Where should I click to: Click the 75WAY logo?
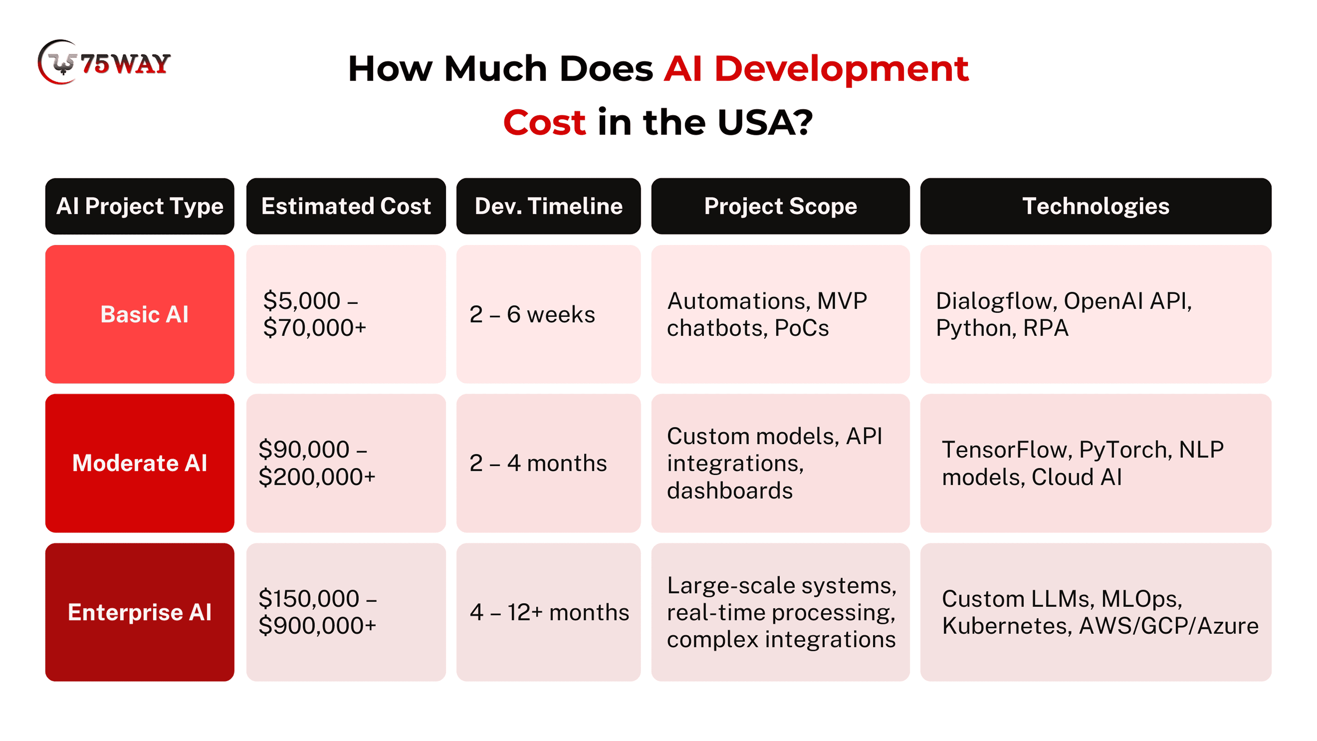[x=104, y=62]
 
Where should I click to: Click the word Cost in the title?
[x=545, y=123]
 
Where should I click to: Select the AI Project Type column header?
[x=140, y=206]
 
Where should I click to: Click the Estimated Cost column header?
[x=346, y=206]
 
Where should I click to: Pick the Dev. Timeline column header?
[x=549, y=206]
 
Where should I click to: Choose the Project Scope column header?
[x=781, y=206]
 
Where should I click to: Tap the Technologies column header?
[x=1096, y=206]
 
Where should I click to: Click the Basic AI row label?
[x=140, y=314]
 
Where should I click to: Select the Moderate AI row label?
[x=140, y=463]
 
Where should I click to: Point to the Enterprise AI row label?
[x=140, y=612]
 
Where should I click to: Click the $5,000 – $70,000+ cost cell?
[x=346, y=314]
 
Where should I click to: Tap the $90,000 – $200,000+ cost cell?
[x=346, y=463]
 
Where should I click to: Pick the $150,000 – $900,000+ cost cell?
[x=346, y=612]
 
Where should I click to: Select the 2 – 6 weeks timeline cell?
[x=549, y=314]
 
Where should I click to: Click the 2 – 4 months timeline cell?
[x=549, y=463]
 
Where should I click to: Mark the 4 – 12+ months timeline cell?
[x=549, y=612]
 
